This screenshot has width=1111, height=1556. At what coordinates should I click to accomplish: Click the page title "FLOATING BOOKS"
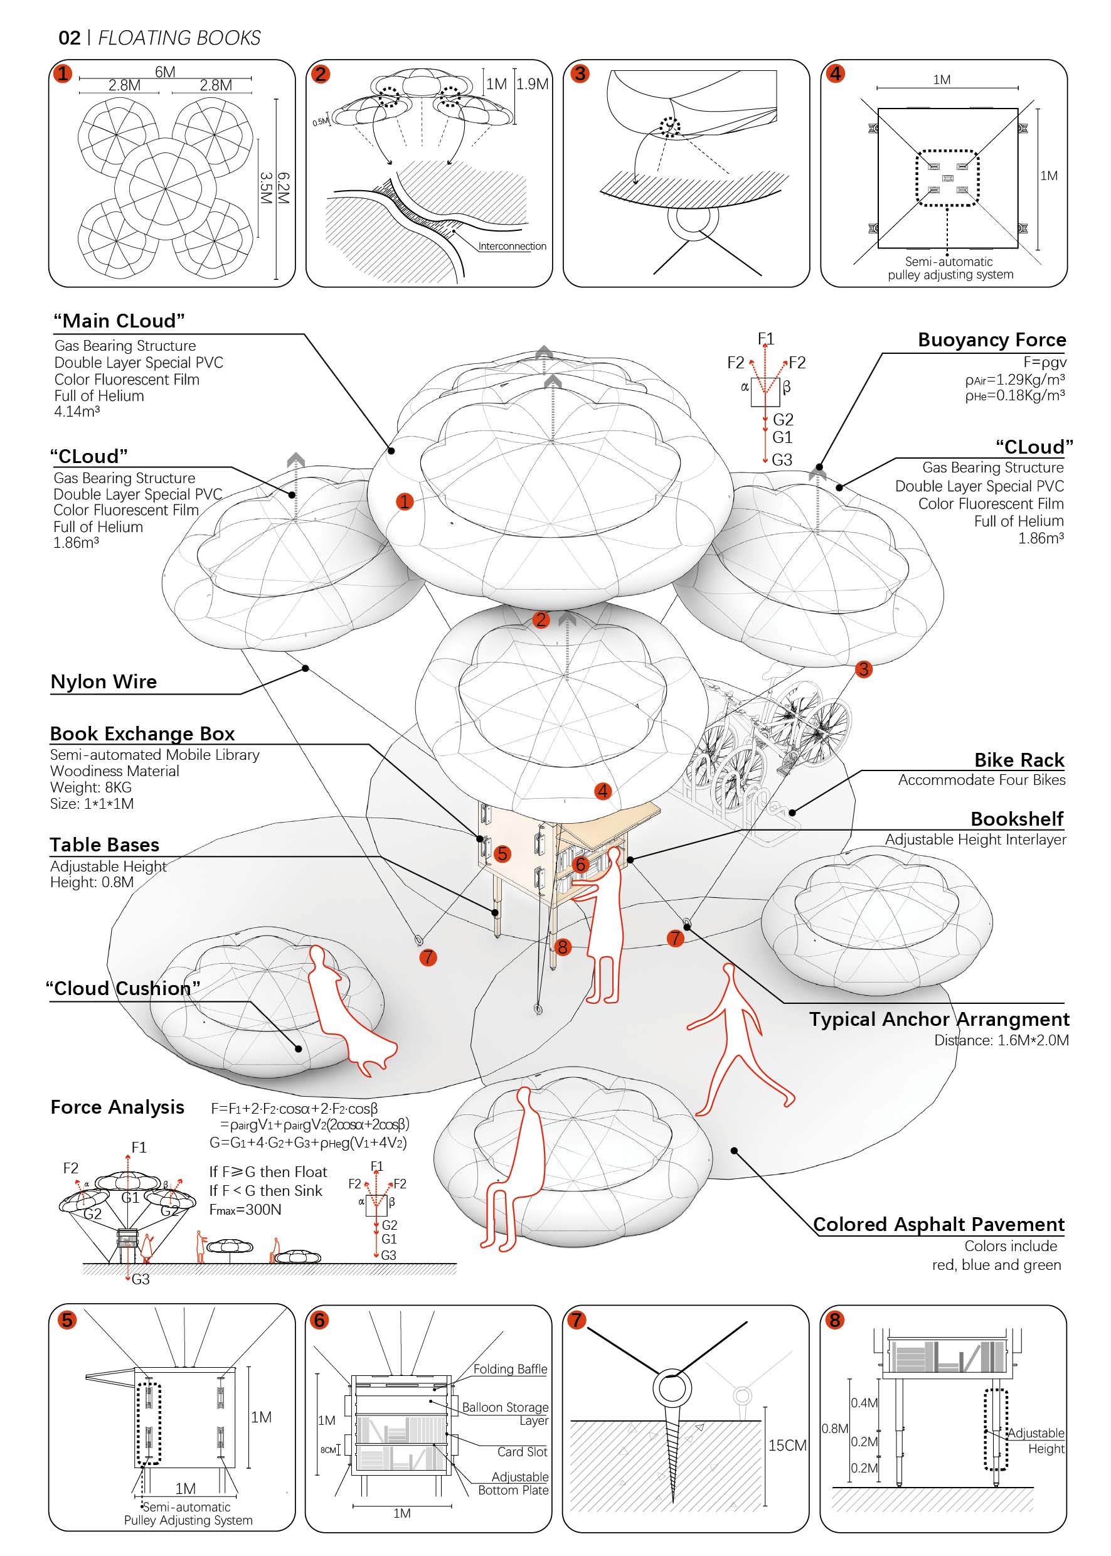pos(179,38)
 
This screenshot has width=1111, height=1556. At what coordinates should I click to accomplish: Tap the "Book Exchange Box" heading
pos(142,733)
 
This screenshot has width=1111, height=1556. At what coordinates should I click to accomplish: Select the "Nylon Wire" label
pos(104,681)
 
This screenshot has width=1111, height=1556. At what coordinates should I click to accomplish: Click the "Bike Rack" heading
pos(1019,760)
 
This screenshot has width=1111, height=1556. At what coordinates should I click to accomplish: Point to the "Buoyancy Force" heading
pos(991,340)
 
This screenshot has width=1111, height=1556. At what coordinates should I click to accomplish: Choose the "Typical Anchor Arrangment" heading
pos(938,1019)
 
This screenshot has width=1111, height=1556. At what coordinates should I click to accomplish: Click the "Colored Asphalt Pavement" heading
pos(938,1224)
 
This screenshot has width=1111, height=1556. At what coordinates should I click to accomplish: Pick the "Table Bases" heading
pos(105,845)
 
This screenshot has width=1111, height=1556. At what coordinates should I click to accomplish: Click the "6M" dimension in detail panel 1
pos(165,72)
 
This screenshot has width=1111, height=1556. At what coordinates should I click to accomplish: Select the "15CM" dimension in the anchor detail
pos(787,1445)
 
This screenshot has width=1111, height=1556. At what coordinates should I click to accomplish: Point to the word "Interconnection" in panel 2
pos(512,247)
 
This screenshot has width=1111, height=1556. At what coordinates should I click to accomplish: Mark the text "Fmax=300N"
pos(245,1209)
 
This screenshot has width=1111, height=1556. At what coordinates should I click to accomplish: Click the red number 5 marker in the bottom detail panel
pos(67,1320)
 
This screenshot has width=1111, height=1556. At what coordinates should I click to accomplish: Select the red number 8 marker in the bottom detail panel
pos(834,1320)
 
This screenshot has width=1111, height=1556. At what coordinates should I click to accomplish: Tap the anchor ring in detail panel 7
pos(671,1389)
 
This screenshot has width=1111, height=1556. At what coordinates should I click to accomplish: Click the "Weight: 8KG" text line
pos(90,787)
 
